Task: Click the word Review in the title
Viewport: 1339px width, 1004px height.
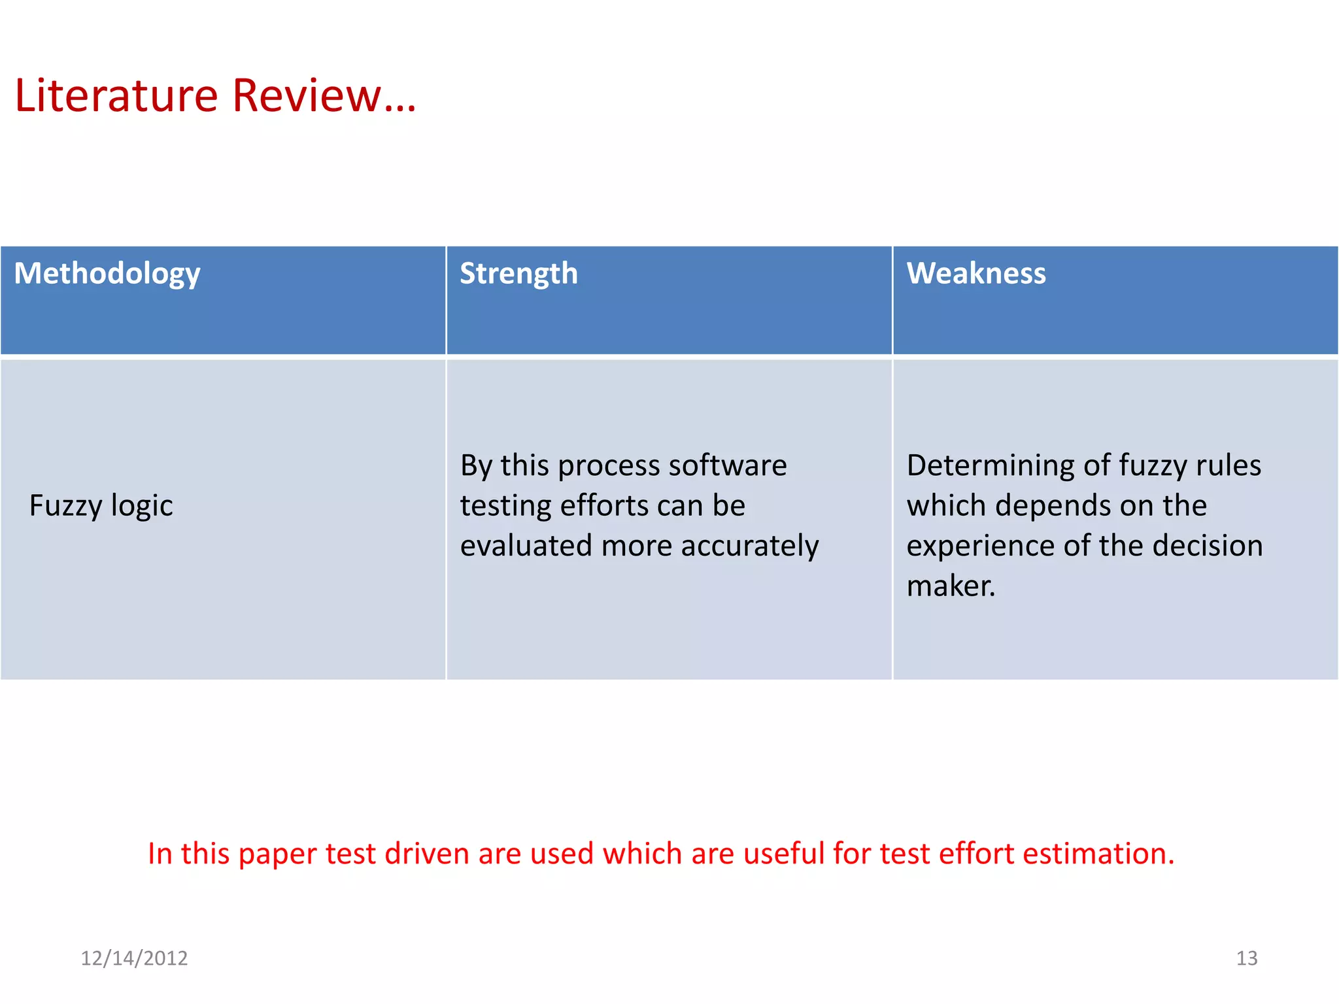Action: click(306, 96)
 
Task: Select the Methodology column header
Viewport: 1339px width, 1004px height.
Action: click(107, 273)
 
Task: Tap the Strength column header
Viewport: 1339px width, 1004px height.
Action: click(518, 273)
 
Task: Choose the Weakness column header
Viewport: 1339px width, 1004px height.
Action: click(975, 273)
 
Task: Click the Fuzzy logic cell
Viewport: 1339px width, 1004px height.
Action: click(101, 506)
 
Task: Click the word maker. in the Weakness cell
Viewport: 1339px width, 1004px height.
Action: click(951, 586)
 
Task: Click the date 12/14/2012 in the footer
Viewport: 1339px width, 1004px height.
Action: click(134, 958)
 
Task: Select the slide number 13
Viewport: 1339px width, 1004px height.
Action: click(1246, 958)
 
